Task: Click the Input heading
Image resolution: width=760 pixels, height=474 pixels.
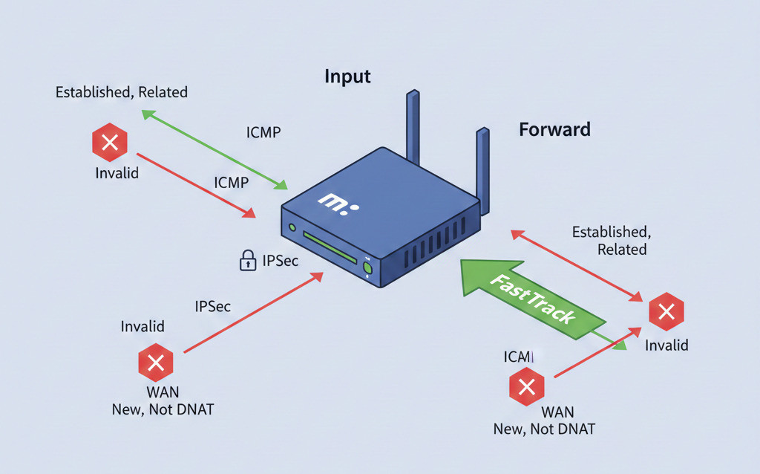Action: pos(347,77)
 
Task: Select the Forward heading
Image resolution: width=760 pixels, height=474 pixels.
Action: pos(554,129)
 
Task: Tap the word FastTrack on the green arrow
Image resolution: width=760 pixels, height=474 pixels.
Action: pos(533,298)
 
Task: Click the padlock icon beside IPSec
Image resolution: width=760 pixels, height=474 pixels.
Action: pos(246,260)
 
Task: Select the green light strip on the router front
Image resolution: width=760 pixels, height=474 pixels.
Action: pos(331,249)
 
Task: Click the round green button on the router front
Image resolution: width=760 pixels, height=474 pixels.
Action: pos(367,267)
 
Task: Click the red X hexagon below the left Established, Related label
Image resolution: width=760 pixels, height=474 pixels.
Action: pos(109,143)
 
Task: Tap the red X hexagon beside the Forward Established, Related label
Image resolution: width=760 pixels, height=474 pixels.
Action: pos(666,313)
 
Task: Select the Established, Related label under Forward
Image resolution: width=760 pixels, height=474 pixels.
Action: pos(609,241)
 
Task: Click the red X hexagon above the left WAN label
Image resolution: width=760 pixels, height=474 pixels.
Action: pos(156,363)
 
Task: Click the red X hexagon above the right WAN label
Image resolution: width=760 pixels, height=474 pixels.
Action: pos(526,386)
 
